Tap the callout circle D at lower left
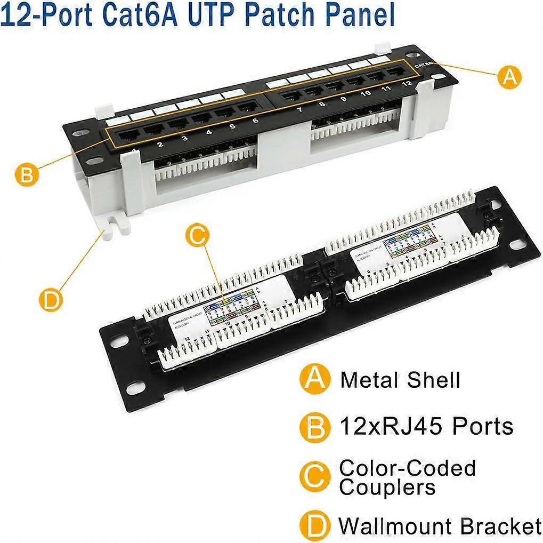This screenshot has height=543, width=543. click(x=51, y=300)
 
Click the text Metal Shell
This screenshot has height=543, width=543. click(x=400, y=380)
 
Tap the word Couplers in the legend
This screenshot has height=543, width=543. click(x=387, y=487)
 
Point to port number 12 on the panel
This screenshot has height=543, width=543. click(x=407, y=83)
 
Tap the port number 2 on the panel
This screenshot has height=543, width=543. click(x=160, y=144)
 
